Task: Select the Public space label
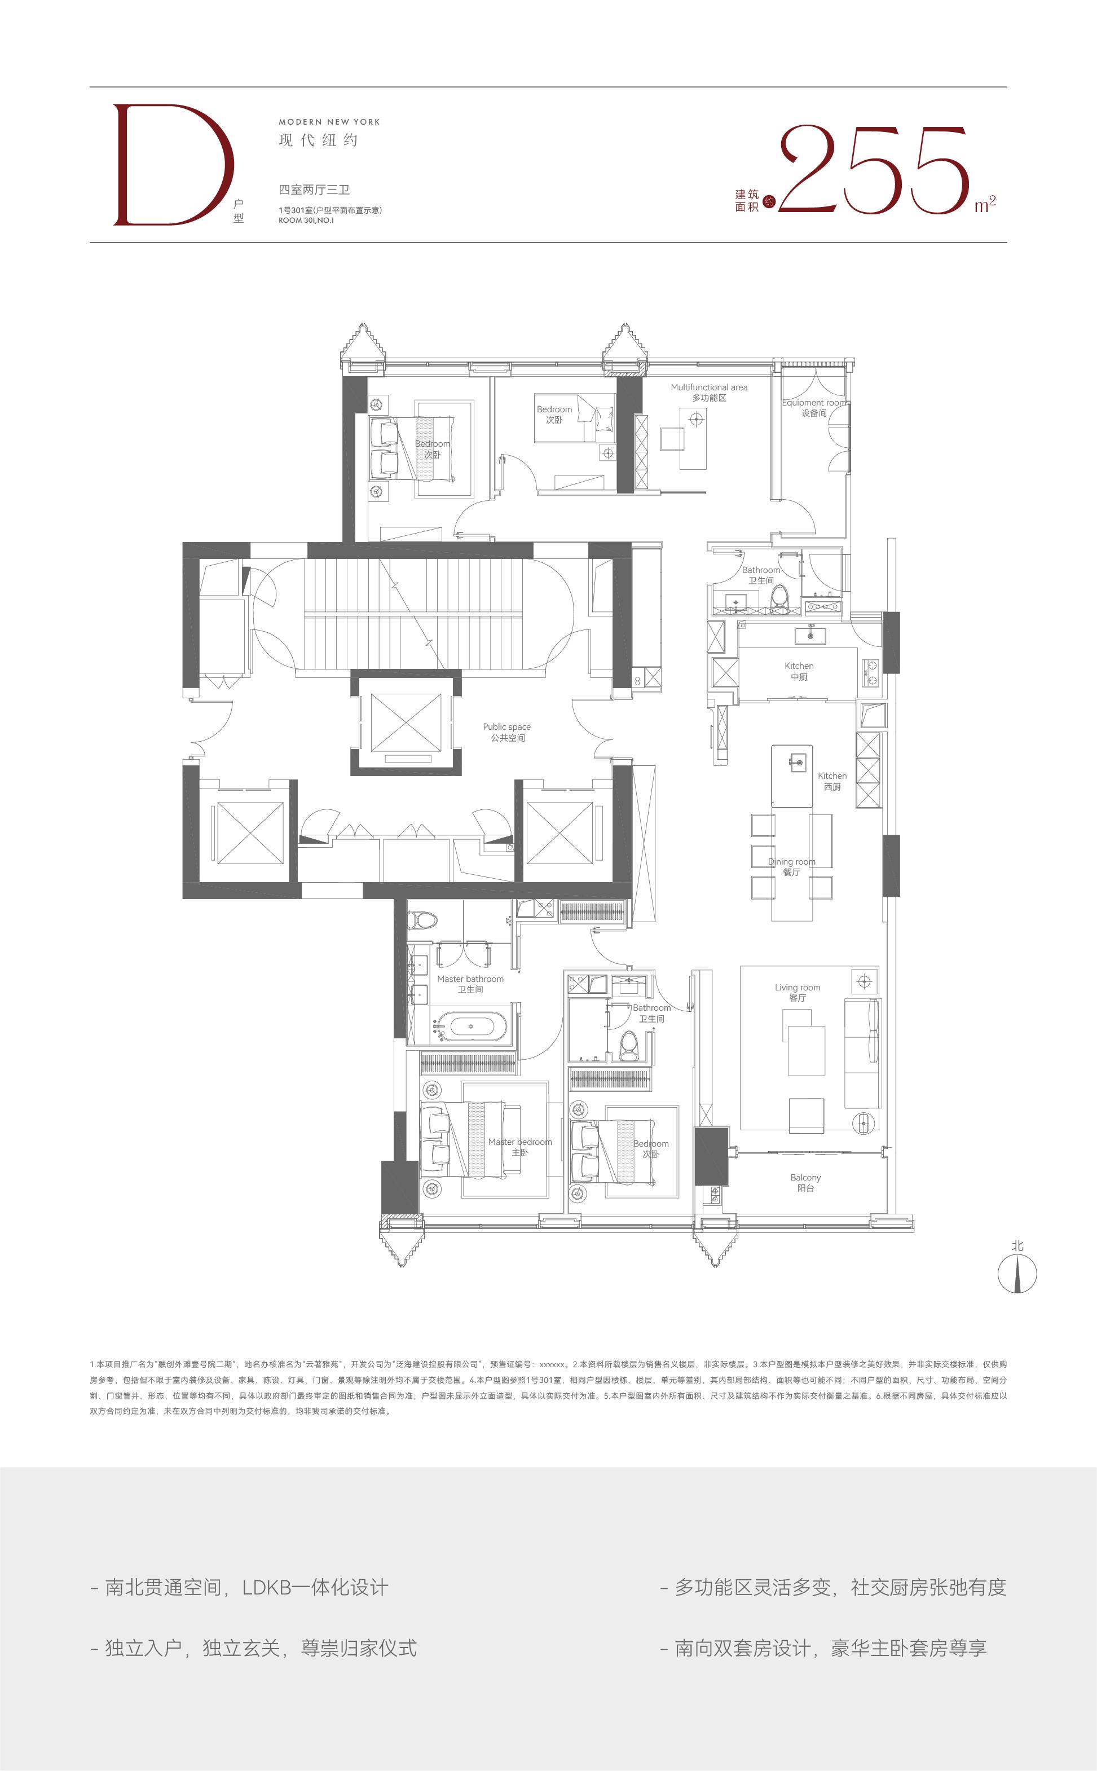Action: point(507,732)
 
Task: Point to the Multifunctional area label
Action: point(709,393)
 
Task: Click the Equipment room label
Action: point(814,408)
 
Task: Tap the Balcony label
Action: point(805,1183)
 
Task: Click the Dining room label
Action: point(791,867)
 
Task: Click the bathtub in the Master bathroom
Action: point(472,1027)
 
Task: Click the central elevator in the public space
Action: point(406,723)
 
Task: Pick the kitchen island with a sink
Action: point(791,776)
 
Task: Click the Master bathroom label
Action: point(470,984)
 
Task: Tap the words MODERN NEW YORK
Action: point(329,122)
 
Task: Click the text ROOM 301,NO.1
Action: point(306,221)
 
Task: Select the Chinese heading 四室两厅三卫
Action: point(314,190)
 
